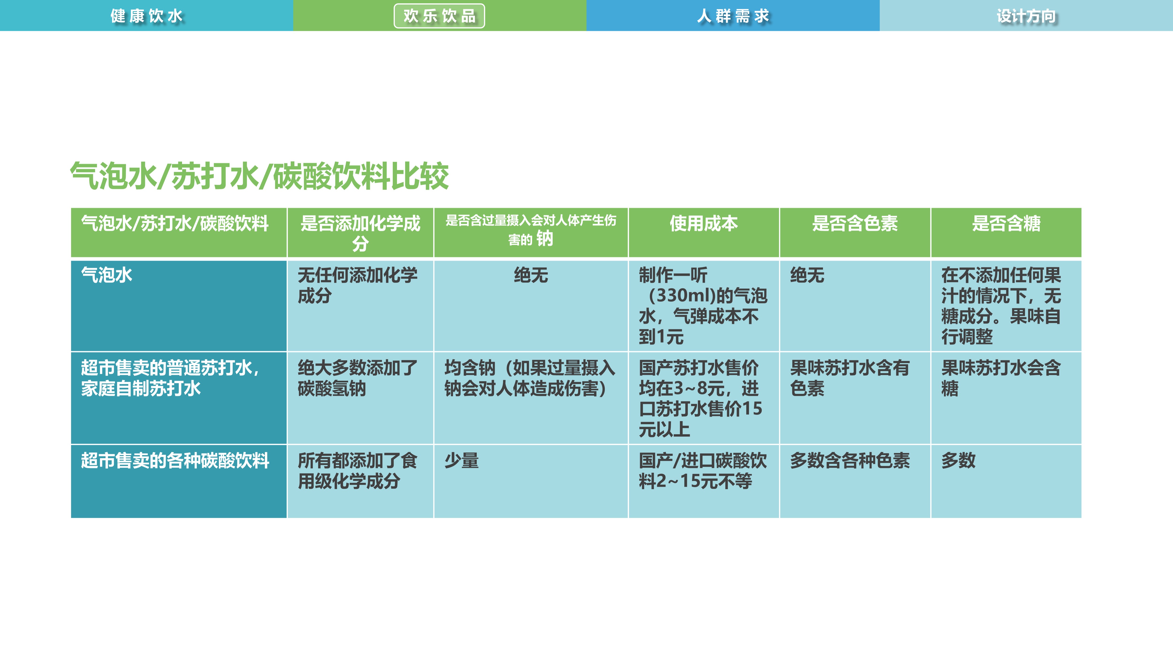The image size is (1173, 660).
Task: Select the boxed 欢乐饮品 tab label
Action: pyautogui.click(x=439, y=16)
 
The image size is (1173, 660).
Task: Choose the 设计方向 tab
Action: pyautogui.click(x=1026, y=16)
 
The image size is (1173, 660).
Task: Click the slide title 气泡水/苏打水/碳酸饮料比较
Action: pyautogui.click(x=259, y=176)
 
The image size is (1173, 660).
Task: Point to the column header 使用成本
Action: pyautogui.click(x=704, y=224)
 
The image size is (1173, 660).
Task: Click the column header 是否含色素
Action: pyautogui.click(x=855, y=224)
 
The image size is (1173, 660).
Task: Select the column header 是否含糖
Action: pyautogui.click(x=1006, y=224)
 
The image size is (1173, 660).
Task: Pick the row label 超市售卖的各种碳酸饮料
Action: pyautogui.click(x=175, y=460)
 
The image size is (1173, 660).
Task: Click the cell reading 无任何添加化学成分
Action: pyautogui.click(x=358, y=286)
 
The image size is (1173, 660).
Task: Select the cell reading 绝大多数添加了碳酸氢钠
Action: pyautogui.click(x=358, y=378)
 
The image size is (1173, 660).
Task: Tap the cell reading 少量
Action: pyautogui.click(x=462, y=460)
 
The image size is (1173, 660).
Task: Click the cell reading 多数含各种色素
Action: pyautogui.click(x=850, y=460)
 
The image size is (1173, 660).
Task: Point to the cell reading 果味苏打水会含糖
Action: pyautogui.click(x=1001, y=378)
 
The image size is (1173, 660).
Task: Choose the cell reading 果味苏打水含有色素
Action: pyautogui.click(x=850, y=378)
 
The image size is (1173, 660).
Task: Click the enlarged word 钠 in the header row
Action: pyautogui.click(x=545, y=238)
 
